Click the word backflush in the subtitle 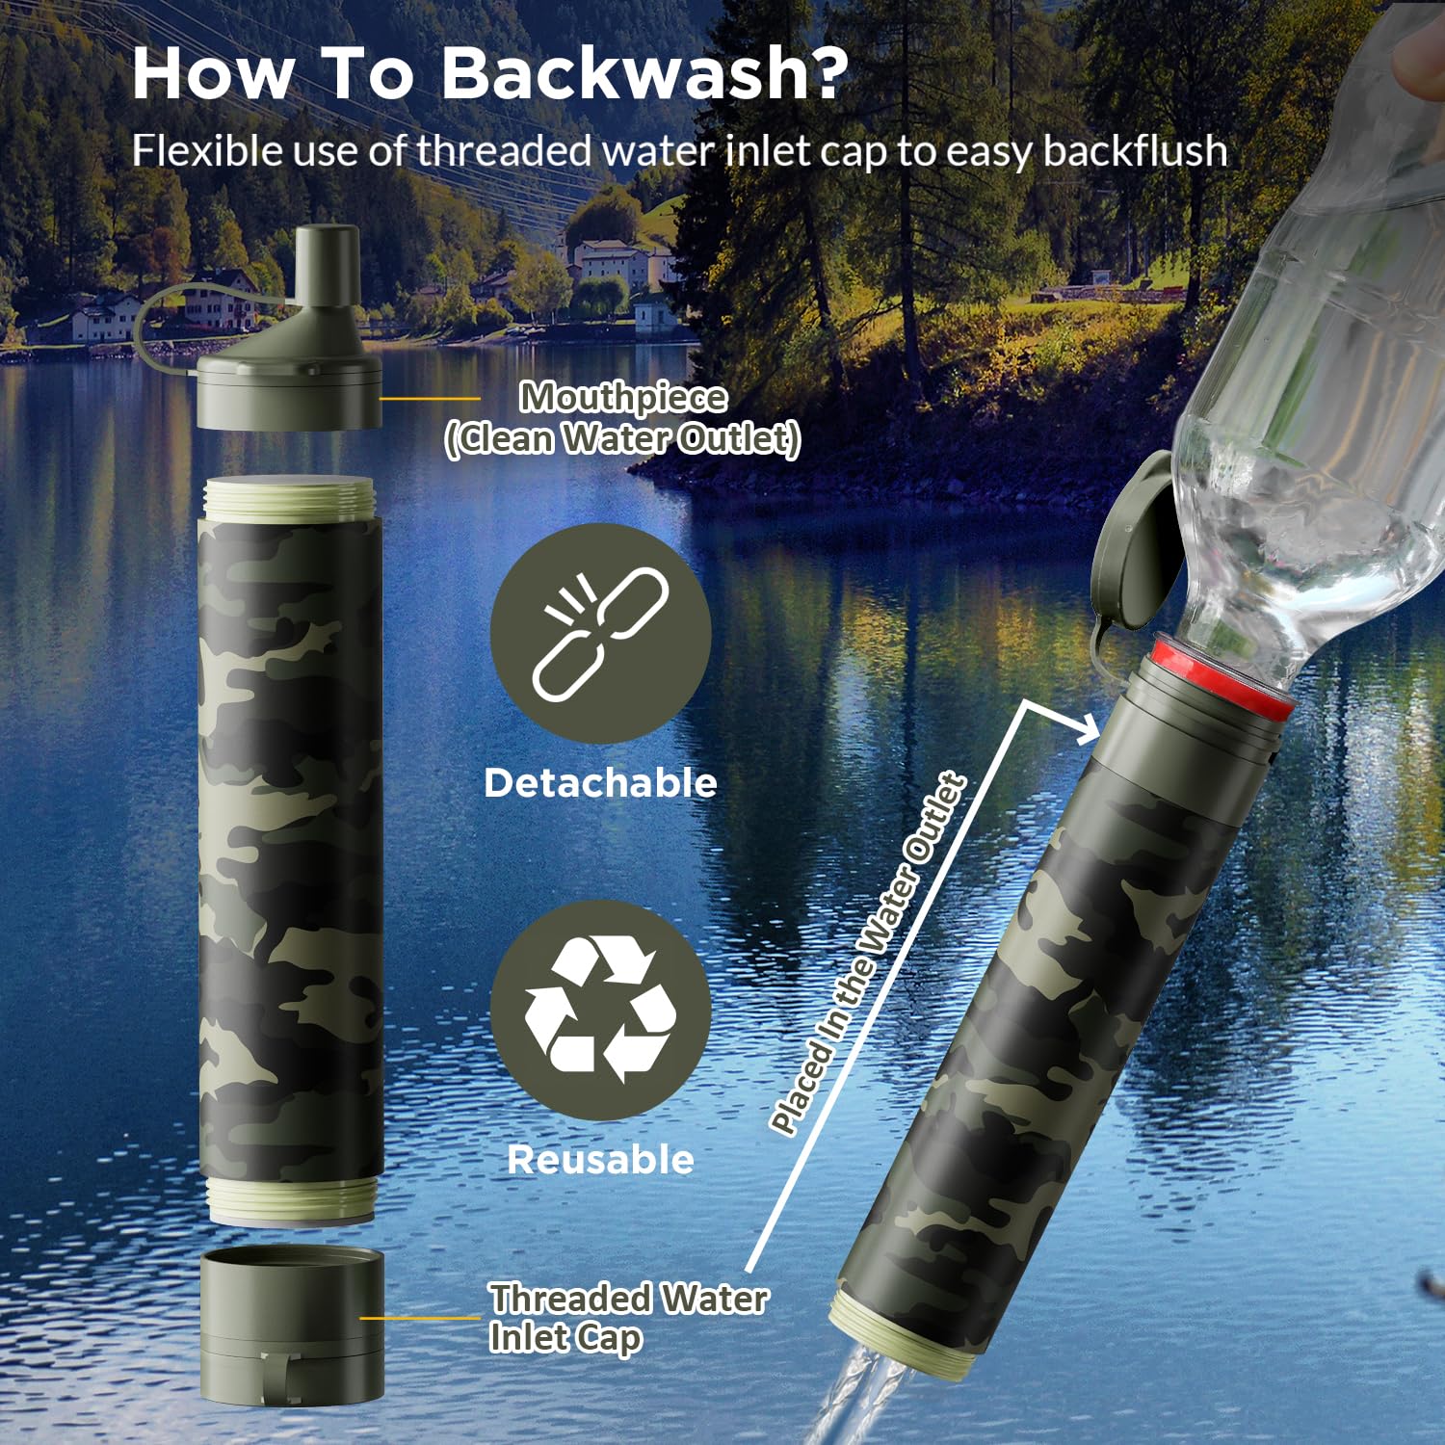point(1135,150)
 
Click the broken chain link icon point(601,633)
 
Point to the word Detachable point(600,782)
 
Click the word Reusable point(600,1159)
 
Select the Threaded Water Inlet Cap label point(628,1318)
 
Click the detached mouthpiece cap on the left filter point(289,332)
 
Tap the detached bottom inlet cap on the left point(292,1326)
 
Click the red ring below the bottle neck point(1224,674)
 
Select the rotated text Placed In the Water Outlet point(867,954)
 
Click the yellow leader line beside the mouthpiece point(430,398)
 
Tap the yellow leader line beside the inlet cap point(419,1318)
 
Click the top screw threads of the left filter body point(289,499)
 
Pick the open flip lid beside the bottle point(1133,545)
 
